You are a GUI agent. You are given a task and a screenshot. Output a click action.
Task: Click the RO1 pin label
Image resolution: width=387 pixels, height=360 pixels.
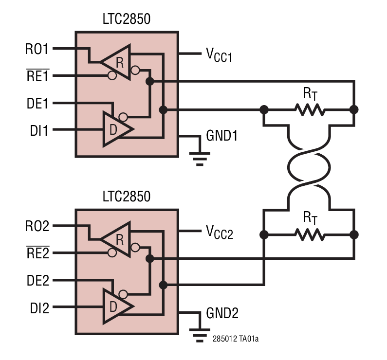tap(37, 49)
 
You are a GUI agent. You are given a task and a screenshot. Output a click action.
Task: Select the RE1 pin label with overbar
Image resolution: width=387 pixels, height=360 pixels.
tap(37, 75)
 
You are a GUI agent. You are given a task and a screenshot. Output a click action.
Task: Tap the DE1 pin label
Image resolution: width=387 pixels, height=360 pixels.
tap(37, 103)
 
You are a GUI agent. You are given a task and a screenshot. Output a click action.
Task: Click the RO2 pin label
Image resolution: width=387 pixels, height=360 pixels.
tap(37, 226)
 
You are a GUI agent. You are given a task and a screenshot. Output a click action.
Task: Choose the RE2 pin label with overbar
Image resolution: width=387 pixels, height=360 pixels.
tap(37, 253)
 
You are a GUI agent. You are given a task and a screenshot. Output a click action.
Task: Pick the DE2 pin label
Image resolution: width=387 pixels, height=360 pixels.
tap(37, 281)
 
